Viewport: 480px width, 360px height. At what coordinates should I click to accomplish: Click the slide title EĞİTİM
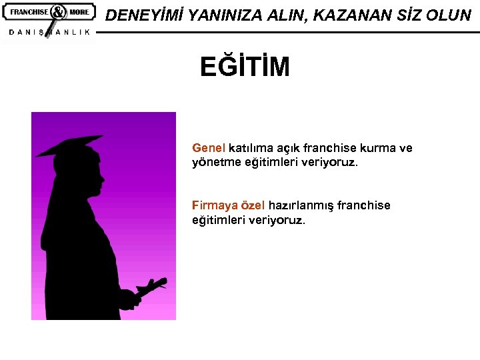click(x=245, y=67)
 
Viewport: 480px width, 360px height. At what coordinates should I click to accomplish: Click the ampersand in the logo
click(x=57, y=12)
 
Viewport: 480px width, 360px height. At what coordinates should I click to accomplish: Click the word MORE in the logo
click(x=79, y=12)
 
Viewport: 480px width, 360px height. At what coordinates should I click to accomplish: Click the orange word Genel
click(x=209, y=148)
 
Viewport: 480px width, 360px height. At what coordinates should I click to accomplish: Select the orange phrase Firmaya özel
click(x=228, y=205)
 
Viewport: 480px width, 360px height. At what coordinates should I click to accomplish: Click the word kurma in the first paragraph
click(x=379, y=148)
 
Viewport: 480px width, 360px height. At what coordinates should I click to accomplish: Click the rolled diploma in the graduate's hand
click(x=151, y=287)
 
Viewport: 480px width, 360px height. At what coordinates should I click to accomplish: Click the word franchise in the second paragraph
click(x=364, y=205)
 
